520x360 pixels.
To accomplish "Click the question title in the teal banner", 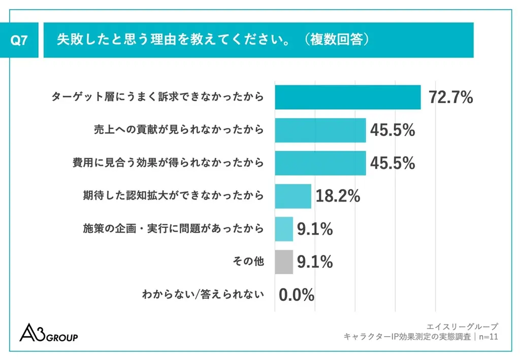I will point(212,40).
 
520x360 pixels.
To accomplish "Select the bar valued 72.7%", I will point(348,97).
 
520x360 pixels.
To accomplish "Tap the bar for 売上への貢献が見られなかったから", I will point(320,130).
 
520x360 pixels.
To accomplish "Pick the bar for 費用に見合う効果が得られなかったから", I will point(320,163).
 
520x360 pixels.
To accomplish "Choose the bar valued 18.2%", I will point(293,196).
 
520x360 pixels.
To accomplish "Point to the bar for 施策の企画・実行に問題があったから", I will point(284,229).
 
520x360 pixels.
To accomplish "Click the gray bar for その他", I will point(284,262).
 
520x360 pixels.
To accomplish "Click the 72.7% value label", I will point(450,97).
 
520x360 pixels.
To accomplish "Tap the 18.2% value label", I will point(338,196).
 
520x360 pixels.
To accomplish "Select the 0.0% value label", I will point(297,295).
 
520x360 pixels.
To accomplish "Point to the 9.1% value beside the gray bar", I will point(315,262).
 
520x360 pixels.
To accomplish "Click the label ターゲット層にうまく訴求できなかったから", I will point(157,97).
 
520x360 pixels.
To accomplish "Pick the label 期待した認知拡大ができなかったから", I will point(173,196).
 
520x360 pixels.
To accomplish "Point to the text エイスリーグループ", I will point(463,326).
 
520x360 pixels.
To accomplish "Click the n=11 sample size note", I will point(487,337).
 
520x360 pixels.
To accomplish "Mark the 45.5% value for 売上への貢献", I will point(392,130).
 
